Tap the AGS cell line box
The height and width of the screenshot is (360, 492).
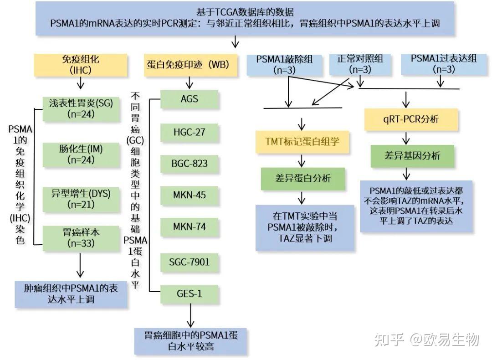point(190,99)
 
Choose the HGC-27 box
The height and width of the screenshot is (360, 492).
point(190,133)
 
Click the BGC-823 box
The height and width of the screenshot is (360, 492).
point(190,164)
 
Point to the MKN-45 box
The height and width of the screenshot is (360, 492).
point(190,195)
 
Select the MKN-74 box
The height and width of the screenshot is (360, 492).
point(190,226)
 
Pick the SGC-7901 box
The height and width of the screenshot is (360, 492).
point(190,262)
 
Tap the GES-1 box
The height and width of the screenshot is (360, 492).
point(190,293)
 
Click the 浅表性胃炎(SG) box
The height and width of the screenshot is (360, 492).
point(81,108)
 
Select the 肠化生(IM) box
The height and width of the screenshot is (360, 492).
point(81,154)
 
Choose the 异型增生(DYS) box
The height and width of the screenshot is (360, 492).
point(81,198)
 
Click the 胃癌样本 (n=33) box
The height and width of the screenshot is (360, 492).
point(81,238)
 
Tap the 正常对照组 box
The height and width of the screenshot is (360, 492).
point(360,64)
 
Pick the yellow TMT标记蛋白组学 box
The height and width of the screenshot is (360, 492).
point(302,142)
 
